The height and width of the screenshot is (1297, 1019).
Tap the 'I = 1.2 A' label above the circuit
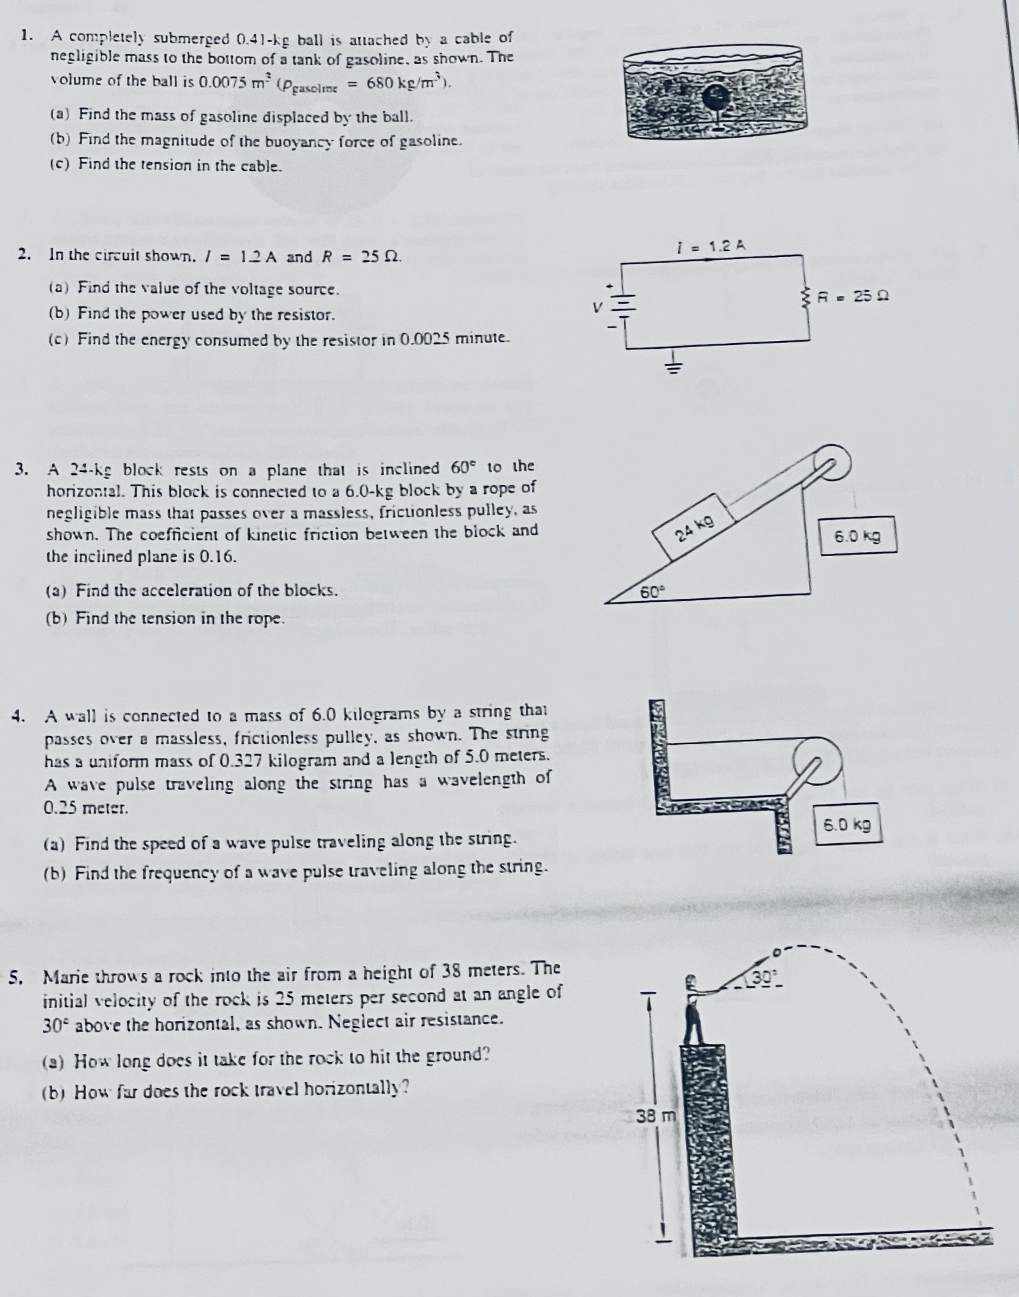click(x=709, y=245)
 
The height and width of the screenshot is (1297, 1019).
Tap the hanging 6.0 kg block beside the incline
click(x=857, y=536)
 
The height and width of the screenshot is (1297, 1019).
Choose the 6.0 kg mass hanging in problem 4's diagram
click(x=847, y=824)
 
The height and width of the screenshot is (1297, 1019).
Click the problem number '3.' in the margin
click(x=22, y=468)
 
